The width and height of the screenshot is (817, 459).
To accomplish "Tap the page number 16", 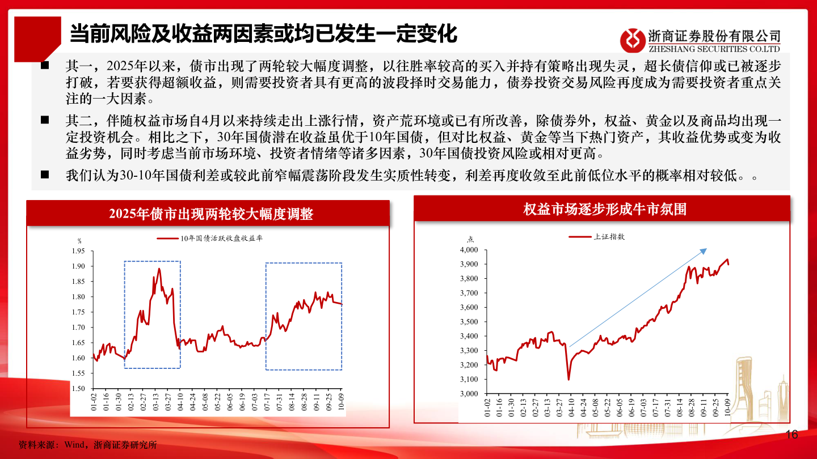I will (x=791, y=435).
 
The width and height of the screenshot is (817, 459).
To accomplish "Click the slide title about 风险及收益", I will (x=263, y=33).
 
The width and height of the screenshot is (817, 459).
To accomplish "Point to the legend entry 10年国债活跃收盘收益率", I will (x=221, y=239).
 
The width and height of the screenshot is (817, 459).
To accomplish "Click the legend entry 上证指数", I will (x=609, y=237).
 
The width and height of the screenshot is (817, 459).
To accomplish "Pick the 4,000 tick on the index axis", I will (x=469, y=250).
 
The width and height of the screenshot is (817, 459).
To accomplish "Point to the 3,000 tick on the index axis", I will (x=469, y=393).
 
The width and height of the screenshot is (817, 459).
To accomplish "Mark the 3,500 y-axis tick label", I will (x=469, y=322).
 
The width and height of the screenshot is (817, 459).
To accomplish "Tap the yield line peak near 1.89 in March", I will (x=159, y=269).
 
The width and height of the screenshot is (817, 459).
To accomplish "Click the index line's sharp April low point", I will (x=568, y=379).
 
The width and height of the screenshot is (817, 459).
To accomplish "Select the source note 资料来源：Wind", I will (x=87, y=445).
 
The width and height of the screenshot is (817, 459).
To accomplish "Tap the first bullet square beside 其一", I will (x=45, y=65).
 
